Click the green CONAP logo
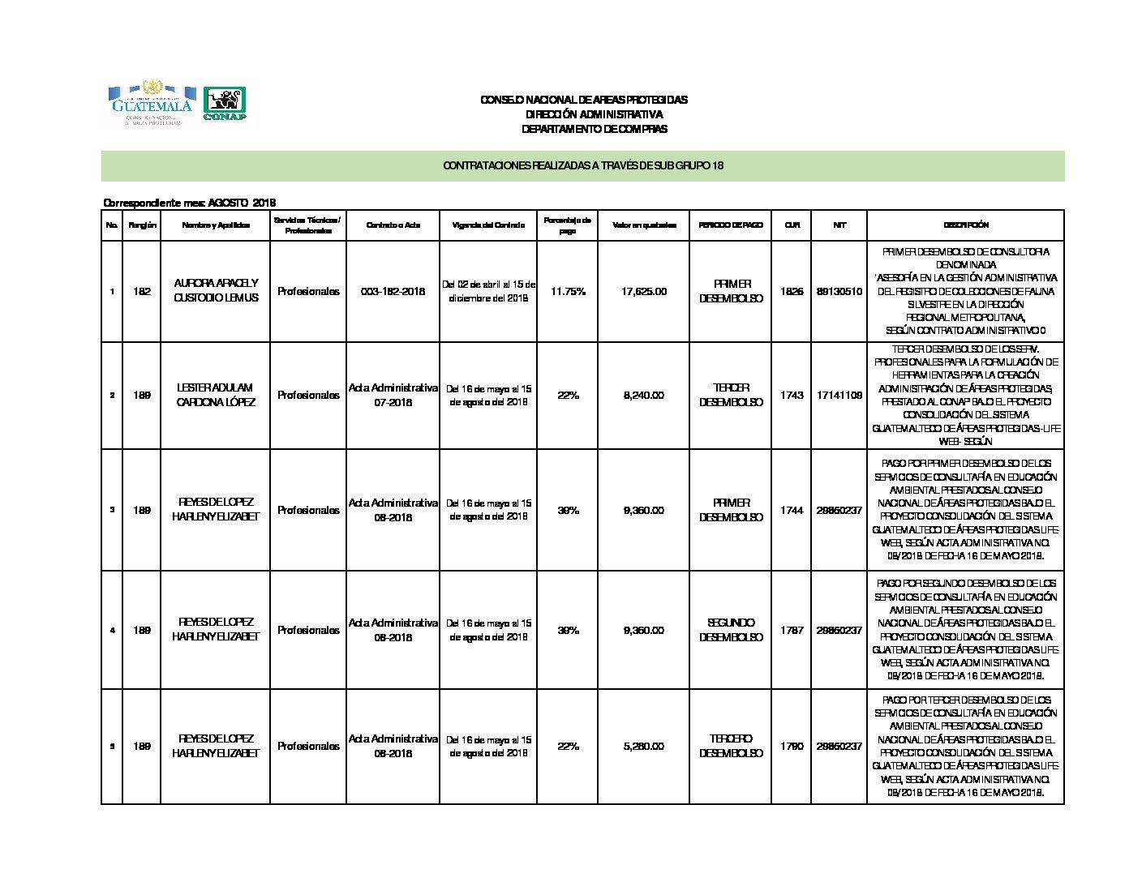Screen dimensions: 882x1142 224,104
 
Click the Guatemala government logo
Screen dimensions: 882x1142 152,103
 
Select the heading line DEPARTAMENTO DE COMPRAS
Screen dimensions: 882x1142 594,129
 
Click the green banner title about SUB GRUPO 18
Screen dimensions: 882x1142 582,165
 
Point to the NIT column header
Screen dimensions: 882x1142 839,225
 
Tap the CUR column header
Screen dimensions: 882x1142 791,225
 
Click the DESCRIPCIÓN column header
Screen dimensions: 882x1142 964,225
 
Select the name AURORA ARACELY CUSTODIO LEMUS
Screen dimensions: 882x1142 216,290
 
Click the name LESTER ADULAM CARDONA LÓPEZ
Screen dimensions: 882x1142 216,395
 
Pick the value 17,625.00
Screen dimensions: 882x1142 644,291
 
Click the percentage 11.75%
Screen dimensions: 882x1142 568,291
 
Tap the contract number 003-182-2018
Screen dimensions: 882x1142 393,291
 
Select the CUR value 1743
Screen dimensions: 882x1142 791,395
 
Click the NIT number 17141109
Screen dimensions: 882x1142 839,395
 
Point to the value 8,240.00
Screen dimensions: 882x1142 644,395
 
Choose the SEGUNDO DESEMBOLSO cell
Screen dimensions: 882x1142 731,630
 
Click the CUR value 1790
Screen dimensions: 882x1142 791,746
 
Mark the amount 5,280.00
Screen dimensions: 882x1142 644,746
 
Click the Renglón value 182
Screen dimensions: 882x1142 142,291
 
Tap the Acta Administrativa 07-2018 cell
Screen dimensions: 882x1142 393,395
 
